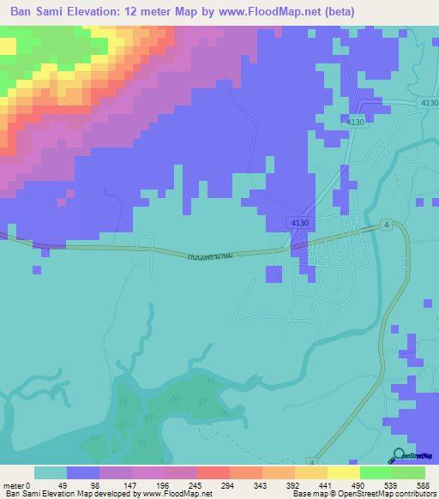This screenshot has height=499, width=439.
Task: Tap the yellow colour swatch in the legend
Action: click(344, 472)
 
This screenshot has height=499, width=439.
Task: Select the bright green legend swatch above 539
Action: click(376, 472)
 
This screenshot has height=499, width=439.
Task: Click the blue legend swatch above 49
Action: click(83, 472)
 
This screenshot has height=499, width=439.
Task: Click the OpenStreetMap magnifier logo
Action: click(399, 455)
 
